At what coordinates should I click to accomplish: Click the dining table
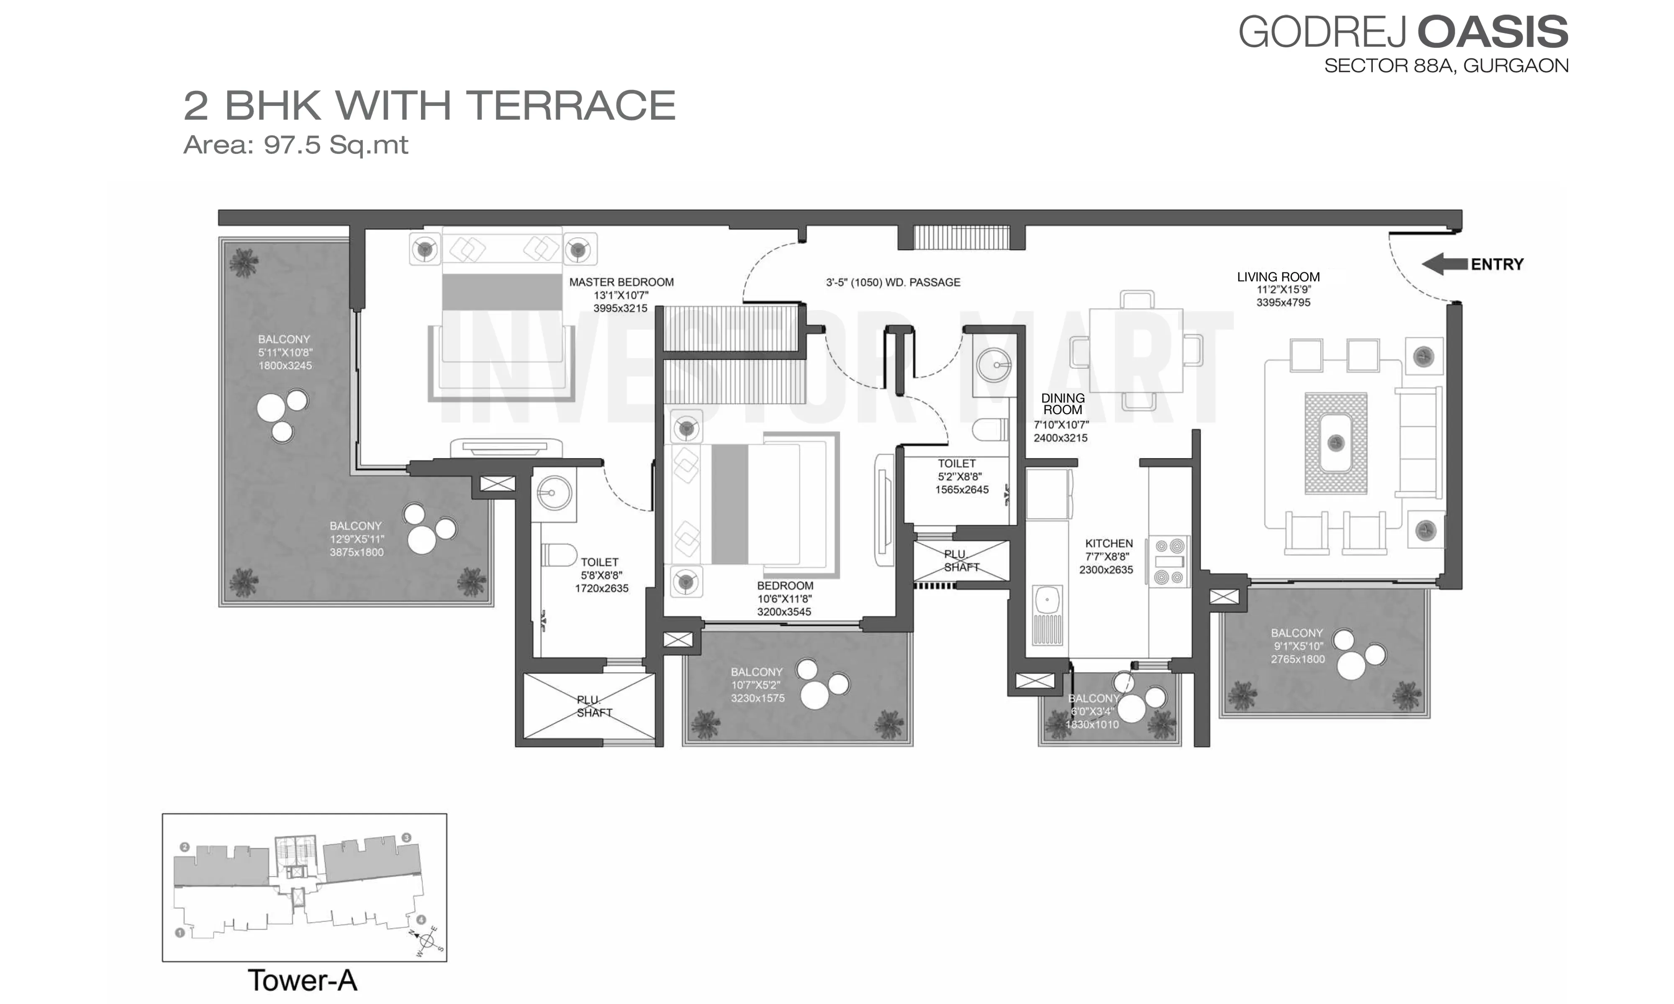[1136, 351]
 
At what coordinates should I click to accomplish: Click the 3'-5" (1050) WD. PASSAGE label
[893, 282]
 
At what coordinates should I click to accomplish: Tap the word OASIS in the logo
[1493, 32]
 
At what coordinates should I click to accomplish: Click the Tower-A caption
[303, 980]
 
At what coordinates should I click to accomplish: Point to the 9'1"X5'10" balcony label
[1297, 646]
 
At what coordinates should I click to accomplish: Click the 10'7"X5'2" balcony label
[757, 685]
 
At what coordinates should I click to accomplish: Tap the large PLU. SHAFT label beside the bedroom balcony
[594, 706]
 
